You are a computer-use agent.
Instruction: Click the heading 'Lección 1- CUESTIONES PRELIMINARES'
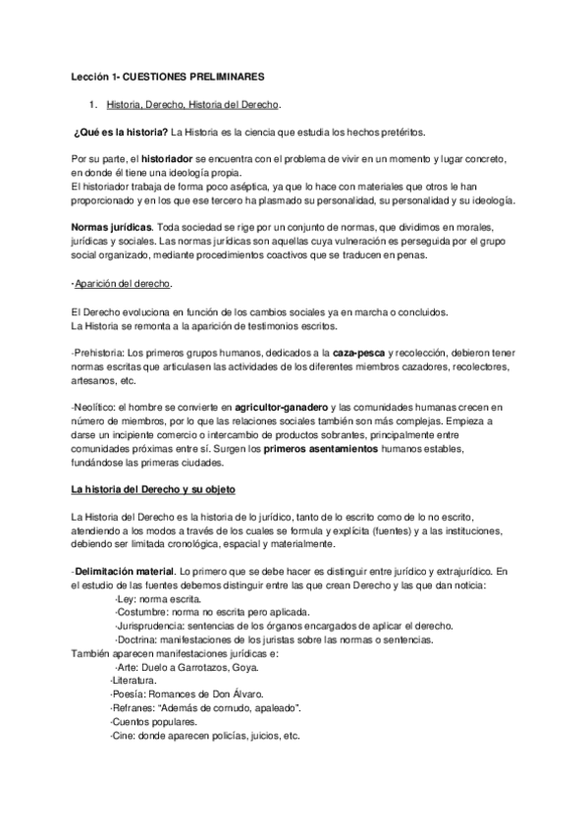pyautogui.click(x=166, y=75)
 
